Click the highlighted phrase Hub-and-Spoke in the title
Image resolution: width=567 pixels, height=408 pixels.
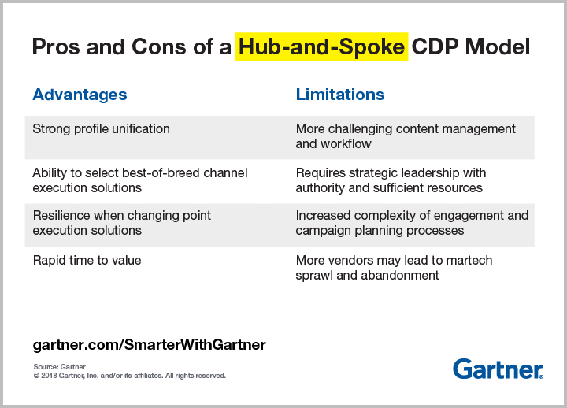(x=321, y=46)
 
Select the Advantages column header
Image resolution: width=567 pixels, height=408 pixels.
(x=80, y=95)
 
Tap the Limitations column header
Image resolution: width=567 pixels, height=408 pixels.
(x=340, y=95)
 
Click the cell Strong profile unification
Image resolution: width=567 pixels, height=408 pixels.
(x=101, y=128)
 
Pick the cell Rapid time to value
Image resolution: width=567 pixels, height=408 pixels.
(x=87, y=260)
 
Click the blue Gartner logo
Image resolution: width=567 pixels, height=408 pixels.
(x=498, y=369)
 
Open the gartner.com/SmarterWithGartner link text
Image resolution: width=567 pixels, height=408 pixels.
(x=149, y=345)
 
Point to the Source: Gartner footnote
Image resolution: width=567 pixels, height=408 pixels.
(x=60, y=367)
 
